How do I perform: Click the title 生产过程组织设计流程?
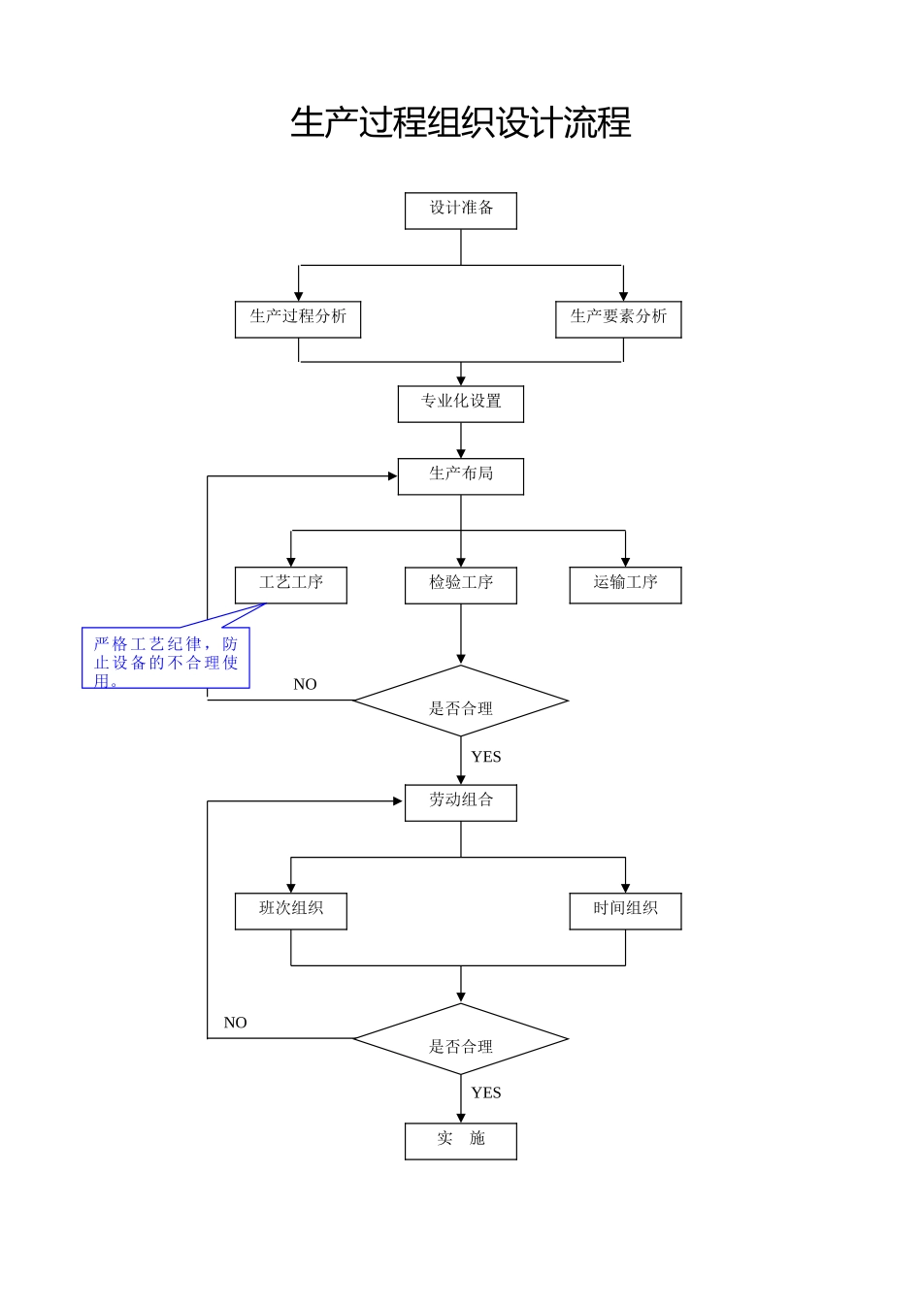[461, 123]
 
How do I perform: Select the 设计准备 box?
[461, 211]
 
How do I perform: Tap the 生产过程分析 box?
[298, 319]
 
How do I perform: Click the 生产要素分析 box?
[618, 319]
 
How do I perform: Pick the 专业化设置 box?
[461, 404]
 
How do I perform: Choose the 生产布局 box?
[461, 476]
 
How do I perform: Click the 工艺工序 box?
[291, 585]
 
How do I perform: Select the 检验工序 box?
[461, 585]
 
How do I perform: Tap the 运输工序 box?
[625, 585]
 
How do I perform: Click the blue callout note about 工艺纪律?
[166, 659]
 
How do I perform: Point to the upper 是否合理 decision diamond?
[461, 701]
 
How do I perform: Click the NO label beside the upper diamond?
[305, 684]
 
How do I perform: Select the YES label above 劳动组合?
[486, 757]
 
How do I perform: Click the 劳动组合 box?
[461, 802]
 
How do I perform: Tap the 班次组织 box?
[291, 911]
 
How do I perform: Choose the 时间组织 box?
[625, 911]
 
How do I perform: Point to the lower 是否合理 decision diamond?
[461, 1039]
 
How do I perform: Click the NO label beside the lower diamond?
[235, 1023]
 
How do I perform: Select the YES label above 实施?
[486, 1092]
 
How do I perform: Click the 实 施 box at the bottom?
[461, 1141]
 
